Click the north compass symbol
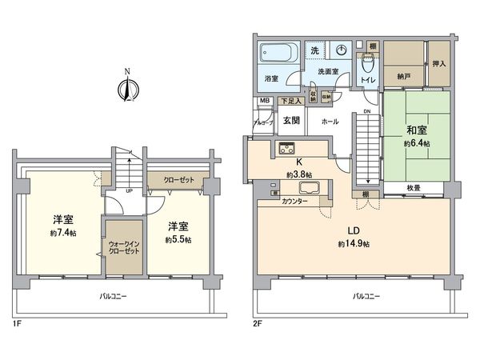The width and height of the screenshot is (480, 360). click(x=126, y=86)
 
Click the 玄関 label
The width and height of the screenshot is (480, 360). click(x=290, y=121)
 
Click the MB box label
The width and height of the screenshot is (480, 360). click(x=265, y=101)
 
